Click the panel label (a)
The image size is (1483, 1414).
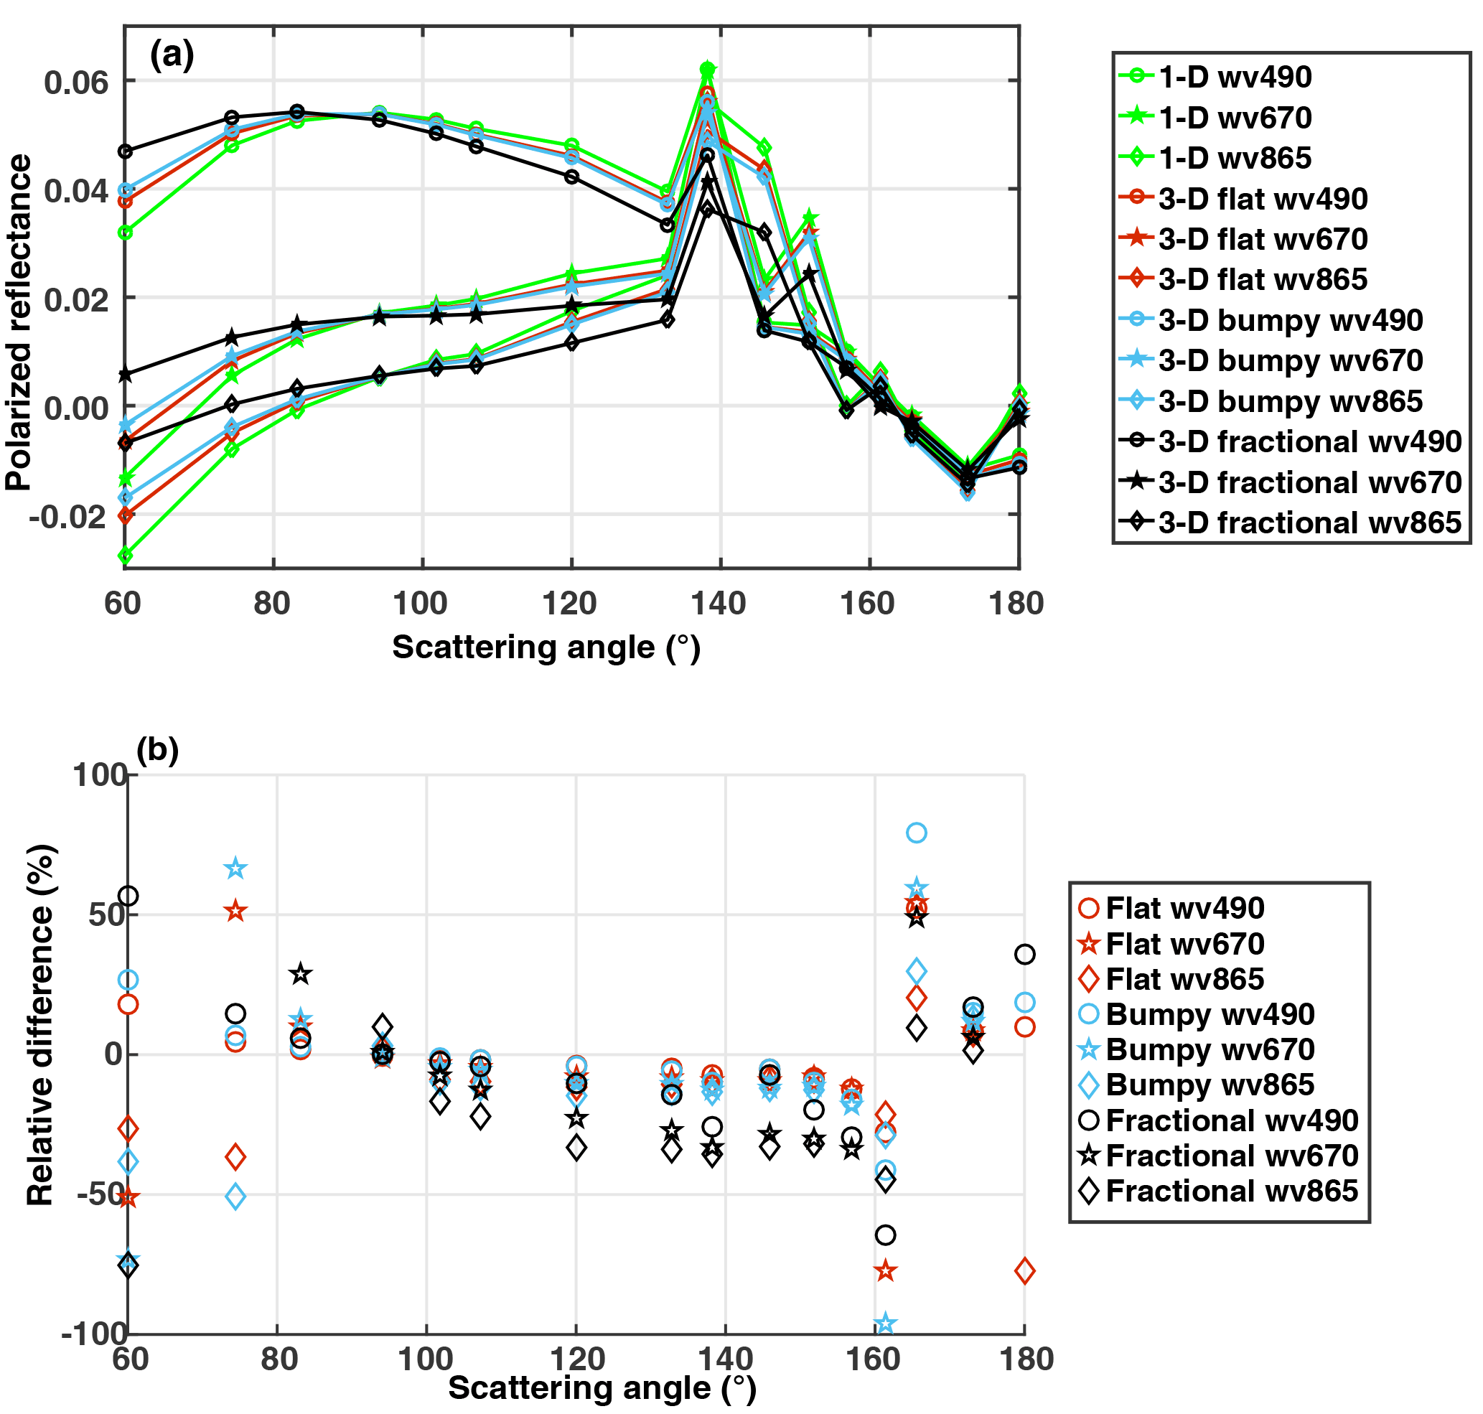click(172, 55)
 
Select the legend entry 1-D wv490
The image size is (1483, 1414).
click(1234, 77)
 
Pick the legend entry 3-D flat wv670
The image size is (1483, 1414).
click(1262, 239)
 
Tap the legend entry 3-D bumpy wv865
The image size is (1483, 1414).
click(1289, 401)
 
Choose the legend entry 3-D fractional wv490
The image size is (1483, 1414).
click(1309, 441)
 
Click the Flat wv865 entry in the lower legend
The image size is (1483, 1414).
click(1184, 979)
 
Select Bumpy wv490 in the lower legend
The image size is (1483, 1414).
click(1210, 1014)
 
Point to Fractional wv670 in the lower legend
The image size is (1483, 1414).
click(1231, 1156)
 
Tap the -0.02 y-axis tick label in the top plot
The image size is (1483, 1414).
click(68, 516)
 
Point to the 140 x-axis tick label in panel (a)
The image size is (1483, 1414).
click(720, 603)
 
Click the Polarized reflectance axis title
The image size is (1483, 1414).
click(19, 322)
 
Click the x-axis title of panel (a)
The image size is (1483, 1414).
click(546, 647)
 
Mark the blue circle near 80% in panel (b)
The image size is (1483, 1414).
click(916, 833)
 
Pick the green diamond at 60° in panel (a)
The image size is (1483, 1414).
click(125, 556)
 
